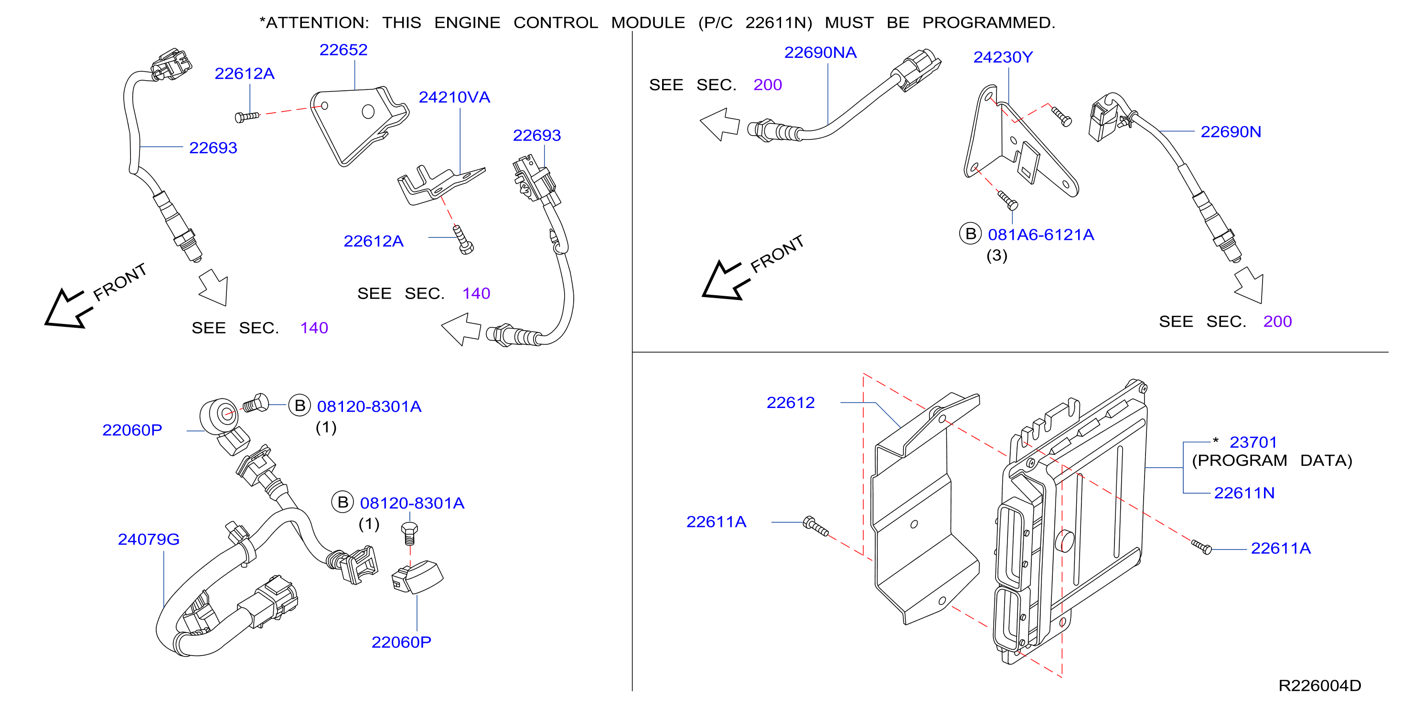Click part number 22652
[x=343, y=50]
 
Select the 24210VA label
[x=454, y=97]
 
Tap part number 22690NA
[x=820, y=53]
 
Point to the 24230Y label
[x=1003, y=57]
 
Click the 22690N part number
[x=1231, y=132]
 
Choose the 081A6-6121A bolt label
[x=1041, y=235]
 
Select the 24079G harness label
[x=149, y=539]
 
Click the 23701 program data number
[x=1253, y=442]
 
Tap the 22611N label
[x=1244, y=493]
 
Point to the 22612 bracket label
[x=791, y=403]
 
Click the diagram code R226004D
[x=1319, y=686]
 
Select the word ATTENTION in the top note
[x=317, y=22]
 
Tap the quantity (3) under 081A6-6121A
[x=996, y=256]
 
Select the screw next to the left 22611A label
[x=815, y=526]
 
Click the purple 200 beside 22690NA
[x=767, y=85]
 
